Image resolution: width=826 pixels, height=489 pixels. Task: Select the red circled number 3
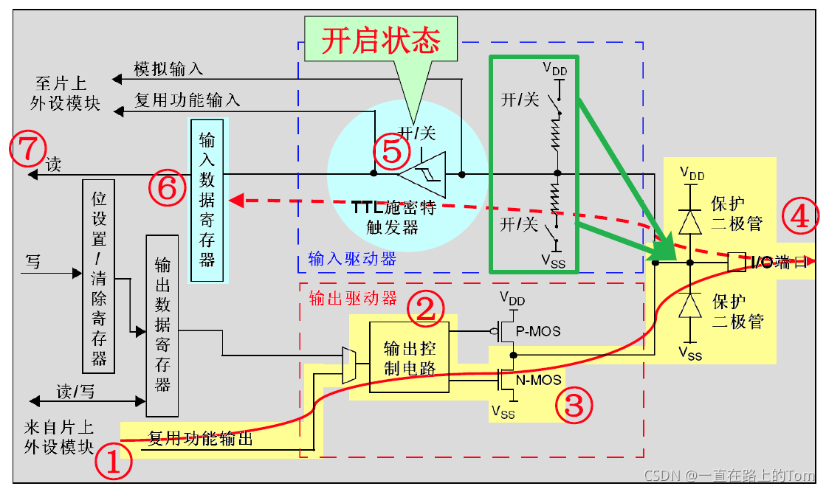(574, 403)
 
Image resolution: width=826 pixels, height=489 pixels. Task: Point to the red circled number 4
(800, 216)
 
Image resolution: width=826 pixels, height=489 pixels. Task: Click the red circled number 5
(391, 151)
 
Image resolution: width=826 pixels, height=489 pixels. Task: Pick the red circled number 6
(168, 188)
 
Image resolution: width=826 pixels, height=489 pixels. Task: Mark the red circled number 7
(27, 148)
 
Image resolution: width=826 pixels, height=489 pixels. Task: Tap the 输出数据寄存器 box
(162, 326)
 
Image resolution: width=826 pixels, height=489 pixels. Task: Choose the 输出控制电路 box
(410, 357)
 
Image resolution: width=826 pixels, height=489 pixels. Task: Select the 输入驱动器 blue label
(352, 259)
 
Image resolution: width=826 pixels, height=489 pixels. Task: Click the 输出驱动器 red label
(352, 297)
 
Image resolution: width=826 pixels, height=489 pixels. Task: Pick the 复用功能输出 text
(201, 439)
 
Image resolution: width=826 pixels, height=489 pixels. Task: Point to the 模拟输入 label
(168, 69)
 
